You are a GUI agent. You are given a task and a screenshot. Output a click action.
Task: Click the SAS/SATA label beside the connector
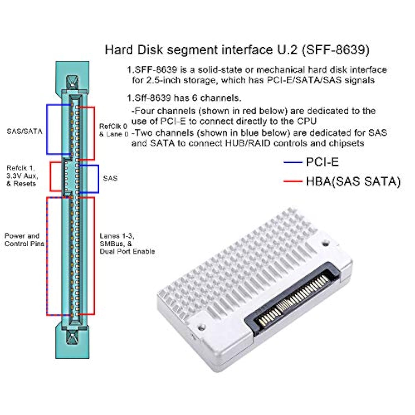tap(24, 131)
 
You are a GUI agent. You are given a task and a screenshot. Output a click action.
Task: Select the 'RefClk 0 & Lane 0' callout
tap(114, 130)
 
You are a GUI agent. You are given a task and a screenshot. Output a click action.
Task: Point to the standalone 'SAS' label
tap(110, 178)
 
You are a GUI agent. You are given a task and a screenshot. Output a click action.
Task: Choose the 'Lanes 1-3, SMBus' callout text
tap(127, 243)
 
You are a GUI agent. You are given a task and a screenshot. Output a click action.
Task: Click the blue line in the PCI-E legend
tap(293, 162)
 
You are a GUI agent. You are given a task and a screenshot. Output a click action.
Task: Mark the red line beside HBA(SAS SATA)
tap(293, 181)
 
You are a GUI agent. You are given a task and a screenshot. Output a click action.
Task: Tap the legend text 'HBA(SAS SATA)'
tap(353, 181)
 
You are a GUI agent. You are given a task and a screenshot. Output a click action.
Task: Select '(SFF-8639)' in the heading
tap(336, 50)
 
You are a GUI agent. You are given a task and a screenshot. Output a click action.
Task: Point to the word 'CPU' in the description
tap(307, 121)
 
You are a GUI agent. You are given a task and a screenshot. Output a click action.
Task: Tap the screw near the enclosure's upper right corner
tap(326, 244)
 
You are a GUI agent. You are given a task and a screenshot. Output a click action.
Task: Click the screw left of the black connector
tap(202, 327)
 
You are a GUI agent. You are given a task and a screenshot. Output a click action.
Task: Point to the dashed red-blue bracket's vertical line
tap(47, 256)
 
